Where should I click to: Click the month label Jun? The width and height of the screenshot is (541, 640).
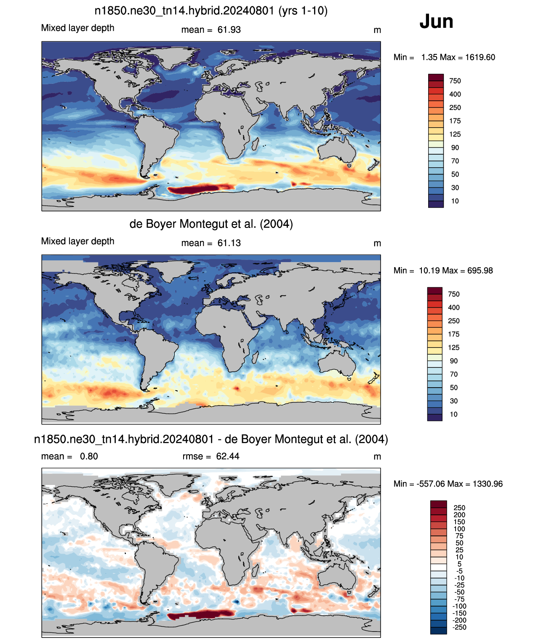pos(436,21)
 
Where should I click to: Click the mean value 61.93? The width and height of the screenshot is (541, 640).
pos(229,30)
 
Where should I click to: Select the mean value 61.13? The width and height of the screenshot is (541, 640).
pos(229,243)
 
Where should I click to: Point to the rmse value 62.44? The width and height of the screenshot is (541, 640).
pos(228,456)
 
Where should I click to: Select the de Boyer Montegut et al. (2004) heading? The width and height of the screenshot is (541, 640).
pos(211,224)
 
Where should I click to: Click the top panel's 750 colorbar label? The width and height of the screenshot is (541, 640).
pos(455,81)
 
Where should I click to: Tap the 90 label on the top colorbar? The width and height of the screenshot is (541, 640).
pos(455,148)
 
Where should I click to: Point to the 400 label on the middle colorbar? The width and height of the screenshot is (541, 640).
pos(454,308)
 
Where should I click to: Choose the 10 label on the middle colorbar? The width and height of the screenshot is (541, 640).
pos(454,414)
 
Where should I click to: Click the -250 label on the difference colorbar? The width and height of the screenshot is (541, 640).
pos(460,627)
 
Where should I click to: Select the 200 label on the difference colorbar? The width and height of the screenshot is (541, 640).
pos(459,515)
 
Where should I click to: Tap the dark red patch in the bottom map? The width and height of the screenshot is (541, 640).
pos(200,615)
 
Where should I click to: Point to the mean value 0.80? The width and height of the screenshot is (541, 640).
pos(89,456)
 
